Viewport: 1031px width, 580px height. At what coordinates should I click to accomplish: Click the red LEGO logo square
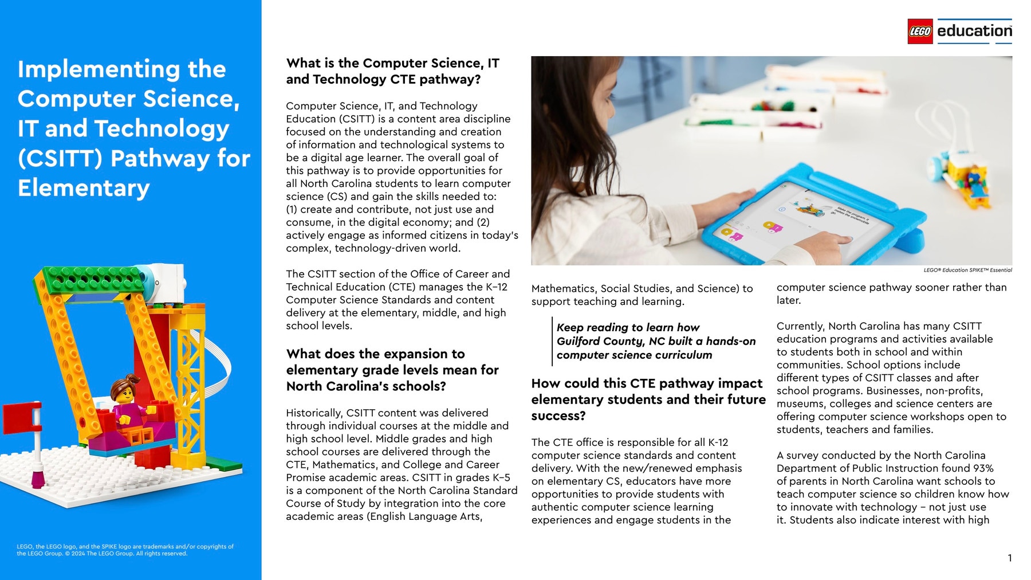pos(920,32)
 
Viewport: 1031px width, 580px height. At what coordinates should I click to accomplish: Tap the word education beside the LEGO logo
pos(974,31)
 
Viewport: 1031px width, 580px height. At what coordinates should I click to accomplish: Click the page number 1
pos(1009,558)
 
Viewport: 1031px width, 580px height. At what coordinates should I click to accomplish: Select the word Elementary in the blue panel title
pos(84,188)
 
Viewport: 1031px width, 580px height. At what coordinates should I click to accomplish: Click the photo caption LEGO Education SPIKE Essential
pos(967,270)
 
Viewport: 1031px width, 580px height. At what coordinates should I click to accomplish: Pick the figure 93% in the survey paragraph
pos(983,468)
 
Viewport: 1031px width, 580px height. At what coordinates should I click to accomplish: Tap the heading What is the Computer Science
pos(392,63)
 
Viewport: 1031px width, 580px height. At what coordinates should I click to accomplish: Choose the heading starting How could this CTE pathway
pos(647,383)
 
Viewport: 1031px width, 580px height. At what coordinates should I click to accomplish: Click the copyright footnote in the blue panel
pos(125,550)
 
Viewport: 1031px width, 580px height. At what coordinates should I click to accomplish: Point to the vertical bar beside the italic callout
pos(552,341)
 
